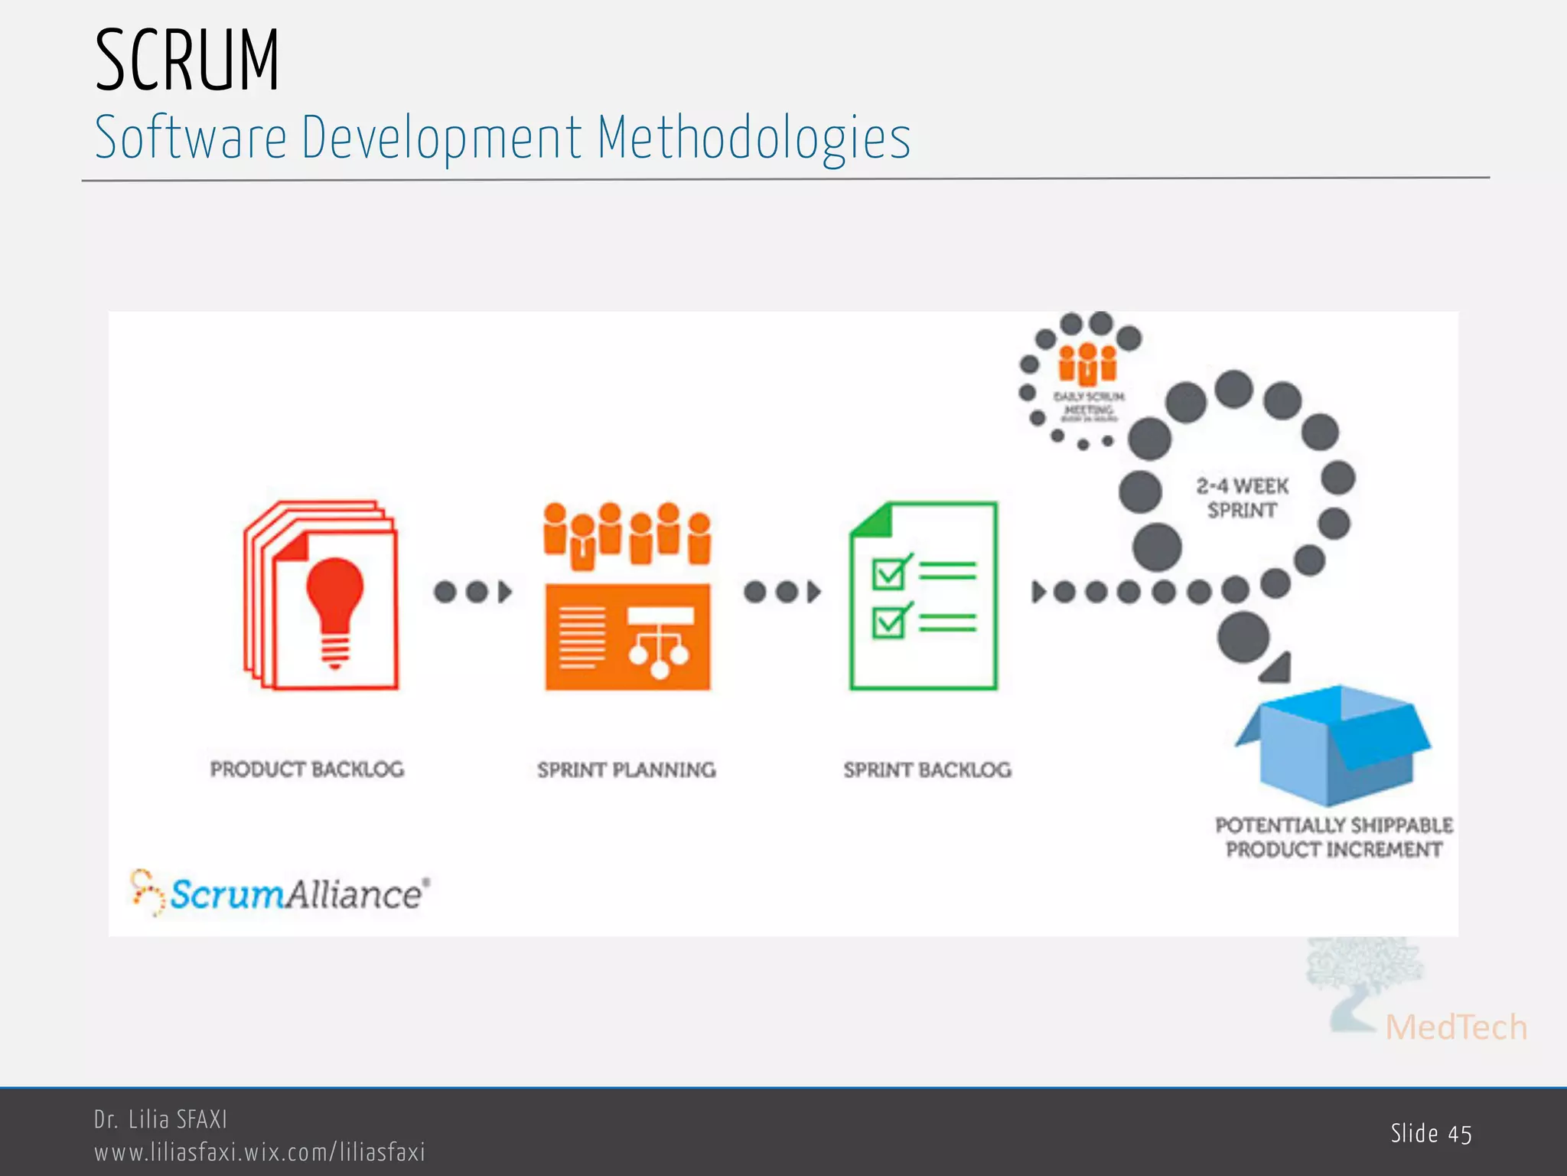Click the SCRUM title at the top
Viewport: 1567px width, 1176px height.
point(187,61)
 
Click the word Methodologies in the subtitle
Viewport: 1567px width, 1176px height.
point(754,138)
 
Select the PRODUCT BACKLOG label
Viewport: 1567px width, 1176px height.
point(307,769)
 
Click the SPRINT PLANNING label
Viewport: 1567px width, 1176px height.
point(627,769)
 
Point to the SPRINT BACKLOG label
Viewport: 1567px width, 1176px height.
point(927,769)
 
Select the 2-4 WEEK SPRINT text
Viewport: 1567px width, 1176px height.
point(1242,498)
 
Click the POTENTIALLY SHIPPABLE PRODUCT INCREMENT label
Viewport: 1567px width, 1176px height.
point(1334,837)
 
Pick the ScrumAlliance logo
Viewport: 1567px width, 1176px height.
point(280,893)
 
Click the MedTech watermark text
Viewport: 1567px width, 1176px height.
point(1456,1027)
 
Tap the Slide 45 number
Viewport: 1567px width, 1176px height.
point(1431,1134)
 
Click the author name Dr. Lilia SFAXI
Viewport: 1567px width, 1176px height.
point(161,1119)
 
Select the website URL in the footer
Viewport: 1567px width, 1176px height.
point(259,1152)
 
